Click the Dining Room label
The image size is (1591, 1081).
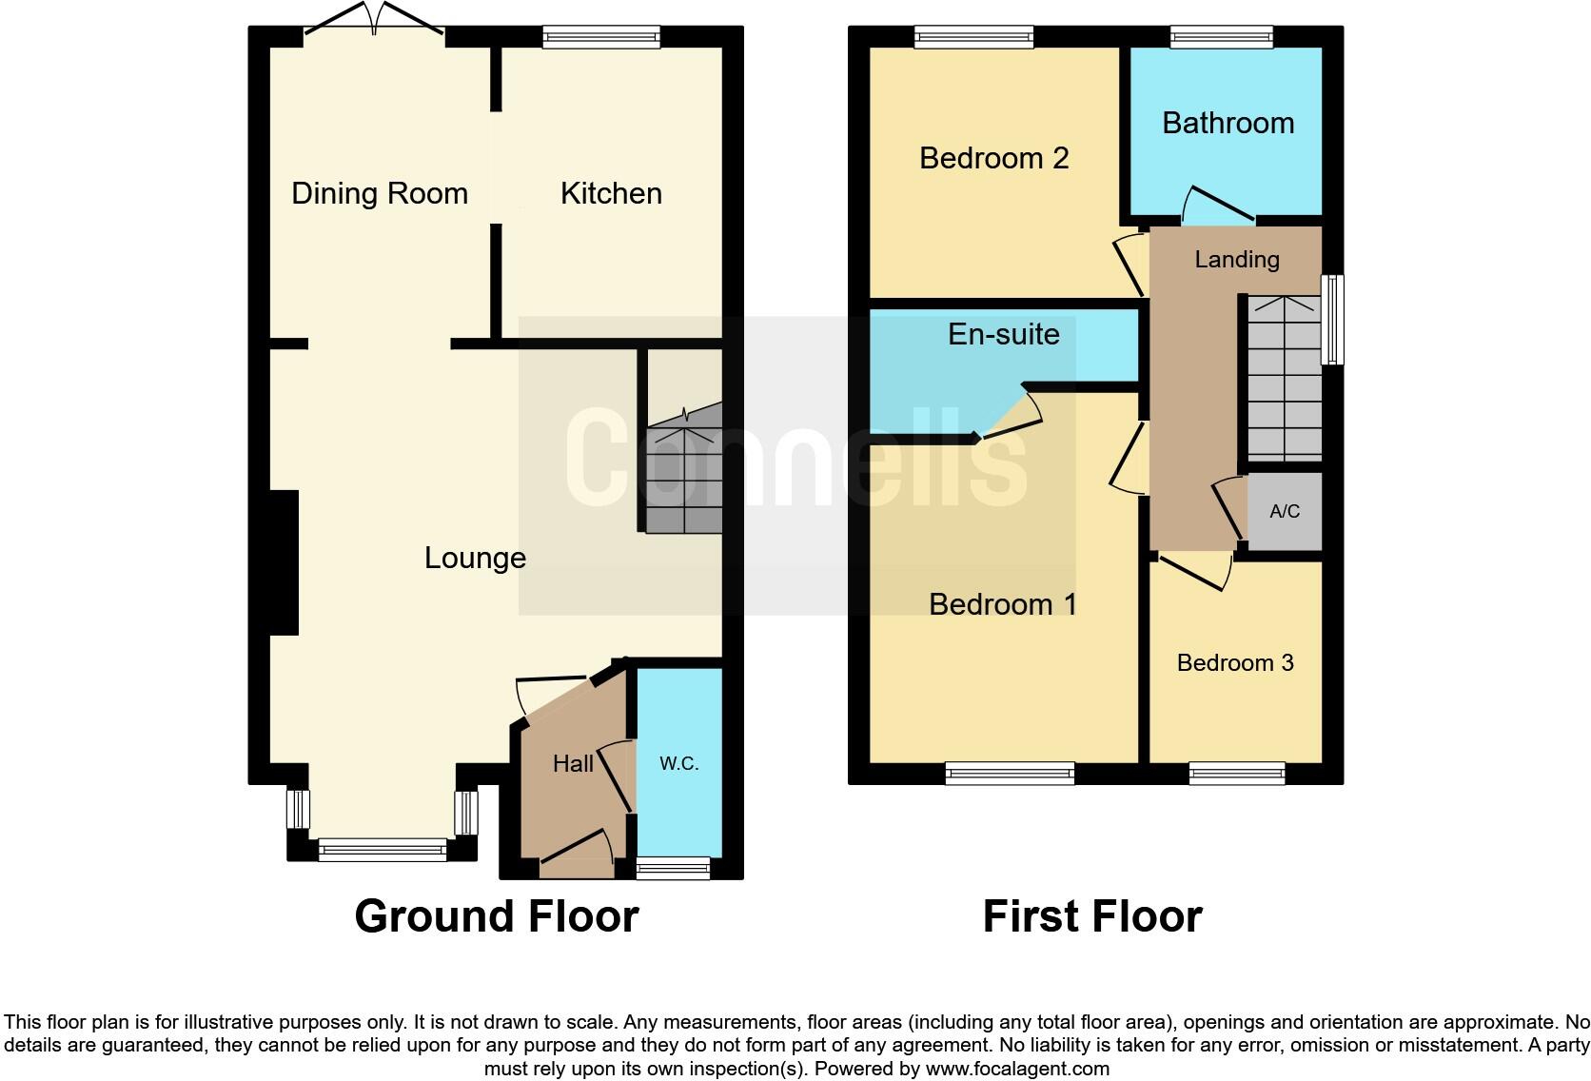[x=379, y=194]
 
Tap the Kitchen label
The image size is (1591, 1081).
[x=611, y=194]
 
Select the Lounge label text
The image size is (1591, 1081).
[x=475, y=558]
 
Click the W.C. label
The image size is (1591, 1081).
[x=679, y=763]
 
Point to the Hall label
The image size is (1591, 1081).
[x=573, y=763]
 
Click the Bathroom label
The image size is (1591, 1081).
[x=1228, y=124]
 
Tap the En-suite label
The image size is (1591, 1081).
[x=1004, y=334]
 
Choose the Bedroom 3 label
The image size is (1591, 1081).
[x=1235, y=663]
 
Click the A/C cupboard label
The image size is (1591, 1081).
[x=1285, y=512]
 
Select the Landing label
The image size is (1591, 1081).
[x=1237, y=260]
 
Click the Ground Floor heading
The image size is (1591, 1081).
[x=496, y=916]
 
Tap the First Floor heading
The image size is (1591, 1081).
[x=1092, y=916]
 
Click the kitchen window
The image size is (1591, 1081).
[x=600, y=37]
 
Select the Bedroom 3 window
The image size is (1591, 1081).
[x=1237, y=773]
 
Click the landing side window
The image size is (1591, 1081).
[x=1334, y=321]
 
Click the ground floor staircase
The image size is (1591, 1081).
[x=684, y=476]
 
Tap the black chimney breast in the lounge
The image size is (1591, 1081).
[x=285, y=561]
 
